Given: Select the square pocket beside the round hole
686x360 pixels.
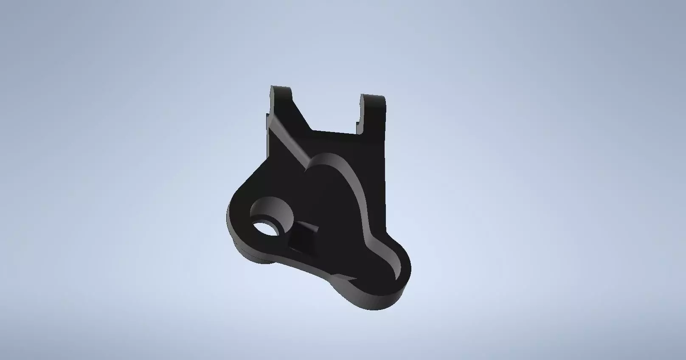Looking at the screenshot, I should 305,236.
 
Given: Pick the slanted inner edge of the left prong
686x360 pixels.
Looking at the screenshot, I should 302,111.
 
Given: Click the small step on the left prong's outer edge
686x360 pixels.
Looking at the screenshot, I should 268,115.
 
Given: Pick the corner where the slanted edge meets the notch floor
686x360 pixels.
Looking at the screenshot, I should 312,130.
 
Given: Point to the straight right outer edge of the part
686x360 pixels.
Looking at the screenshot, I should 386,178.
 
